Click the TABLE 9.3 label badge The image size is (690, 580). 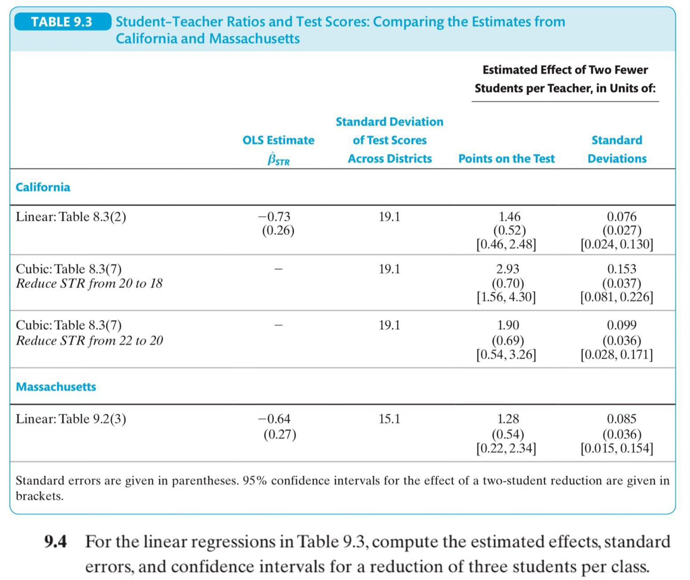62,22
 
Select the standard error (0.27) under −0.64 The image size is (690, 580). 280,434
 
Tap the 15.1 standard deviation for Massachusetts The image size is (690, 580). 389,418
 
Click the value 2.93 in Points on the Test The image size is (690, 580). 508,269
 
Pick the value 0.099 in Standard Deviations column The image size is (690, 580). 621,325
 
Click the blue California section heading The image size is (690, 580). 43,187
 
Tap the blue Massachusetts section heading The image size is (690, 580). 56,387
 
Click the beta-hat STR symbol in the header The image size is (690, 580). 278,159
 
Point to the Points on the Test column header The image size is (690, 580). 506,158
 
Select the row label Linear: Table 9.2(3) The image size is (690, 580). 71,418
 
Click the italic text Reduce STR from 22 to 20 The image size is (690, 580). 89,340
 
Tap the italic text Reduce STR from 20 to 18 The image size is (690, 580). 89,284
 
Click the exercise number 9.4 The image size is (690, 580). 55,542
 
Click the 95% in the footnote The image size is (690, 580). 255,481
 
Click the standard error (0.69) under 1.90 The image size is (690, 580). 508,340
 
